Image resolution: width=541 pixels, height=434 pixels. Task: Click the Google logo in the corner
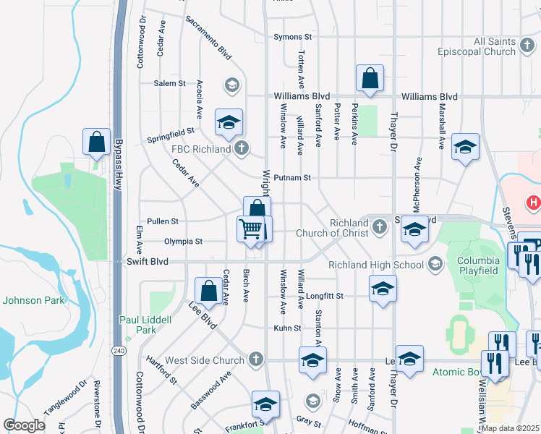(25, 425)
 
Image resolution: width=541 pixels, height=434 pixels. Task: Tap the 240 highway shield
(118, 350)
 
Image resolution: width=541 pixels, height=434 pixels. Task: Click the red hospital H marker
(534, 203)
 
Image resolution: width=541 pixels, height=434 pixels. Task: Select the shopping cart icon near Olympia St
(251, 229)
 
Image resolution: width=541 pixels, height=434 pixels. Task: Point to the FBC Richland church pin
(242, 150)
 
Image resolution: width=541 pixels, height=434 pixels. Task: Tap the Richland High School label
(375, 265)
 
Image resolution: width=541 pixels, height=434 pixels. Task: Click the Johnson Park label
(33, 300)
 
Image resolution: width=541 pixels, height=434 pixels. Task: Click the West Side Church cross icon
(255, 359)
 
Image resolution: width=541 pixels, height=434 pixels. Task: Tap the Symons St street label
(292, 37)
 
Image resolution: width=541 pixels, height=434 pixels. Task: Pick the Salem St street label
(170, 84)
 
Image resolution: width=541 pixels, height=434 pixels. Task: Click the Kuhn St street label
(287, 328)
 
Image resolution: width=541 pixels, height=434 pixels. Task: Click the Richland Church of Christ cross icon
(378, 229)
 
